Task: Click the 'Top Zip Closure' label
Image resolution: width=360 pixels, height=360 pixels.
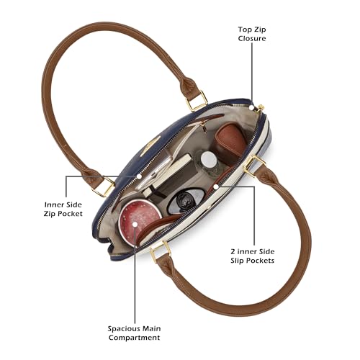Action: click(x=252, y=34)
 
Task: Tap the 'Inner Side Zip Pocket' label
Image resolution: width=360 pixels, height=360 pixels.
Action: click(x=63, y=210)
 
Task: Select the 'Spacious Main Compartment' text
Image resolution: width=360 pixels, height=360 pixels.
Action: click(x=134, y=333)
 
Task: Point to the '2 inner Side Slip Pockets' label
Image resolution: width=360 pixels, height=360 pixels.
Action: click(x=253, y=256)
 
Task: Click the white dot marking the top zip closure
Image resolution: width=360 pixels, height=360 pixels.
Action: click(x=251, y=107)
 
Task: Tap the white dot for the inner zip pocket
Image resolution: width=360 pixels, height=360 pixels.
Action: click(x=139, y=176)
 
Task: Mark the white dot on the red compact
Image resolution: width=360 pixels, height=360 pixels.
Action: click(x=135, y=224)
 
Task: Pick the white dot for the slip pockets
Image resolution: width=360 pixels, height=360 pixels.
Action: click(x=216, y=186)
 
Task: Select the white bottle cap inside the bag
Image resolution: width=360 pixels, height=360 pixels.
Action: click(x=209, y=159)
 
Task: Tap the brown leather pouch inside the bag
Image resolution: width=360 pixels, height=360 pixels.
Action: click(x=230, y=142)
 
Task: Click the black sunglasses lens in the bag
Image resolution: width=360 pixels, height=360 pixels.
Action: click(x=186, y=201)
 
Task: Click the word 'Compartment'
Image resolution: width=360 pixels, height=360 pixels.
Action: click(x=134, y=338)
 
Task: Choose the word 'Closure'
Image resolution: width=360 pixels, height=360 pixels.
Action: click(x=252, y=38)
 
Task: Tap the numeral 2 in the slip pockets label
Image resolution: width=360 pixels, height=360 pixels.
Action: click(x=233, y=251)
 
